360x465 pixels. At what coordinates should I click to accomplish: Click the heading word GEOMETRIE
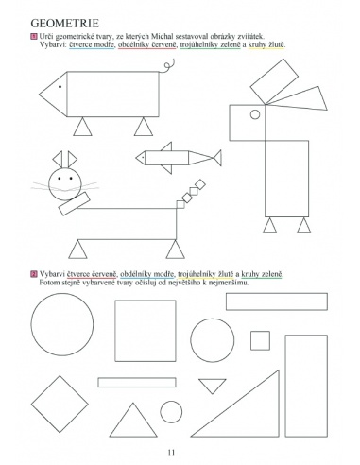(x=65, y=23)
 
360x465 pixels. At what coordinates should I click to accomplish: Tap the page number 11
(x=171, y=452)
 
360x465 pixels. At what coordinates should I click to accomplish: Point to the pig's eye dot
(x=60, y=86)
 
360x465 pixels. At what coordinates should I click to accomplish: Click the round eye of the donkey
(x=255, y=114)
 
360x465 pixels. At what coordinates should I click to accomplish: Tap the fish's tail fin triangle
(x=217, y=158)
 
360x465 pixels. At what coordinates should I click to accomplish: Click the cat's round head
(x=65, y=184)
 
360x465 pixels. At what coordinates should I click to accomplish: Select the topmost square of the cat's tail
(x=199, y=184)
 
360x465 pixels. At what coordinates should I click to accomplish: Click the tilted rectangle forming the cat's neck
(x=75, y=203)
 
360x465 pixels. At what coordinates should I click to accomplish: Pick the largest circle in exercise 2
(x=62, y=324)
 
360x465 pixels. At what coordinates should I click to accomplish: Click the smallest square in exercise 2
(x=260, y=340)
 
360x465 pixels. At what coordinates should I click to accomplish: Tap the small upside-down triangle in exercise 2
(x=213, y=385)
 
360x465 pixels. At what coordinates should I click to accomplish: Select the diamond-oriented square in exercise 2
(x=60, y=404)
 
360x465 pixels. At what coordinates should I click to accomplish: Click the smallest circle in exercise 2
(x=171, y=412)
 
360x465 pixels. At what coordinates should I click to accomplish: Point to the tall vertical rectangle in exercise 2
(x=306, y=386)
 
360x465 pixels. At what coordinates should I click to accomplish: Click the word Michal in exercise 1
(x=162, y=36)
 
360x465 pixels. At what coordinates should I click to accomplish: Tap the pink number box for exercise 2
(x=34, y=274)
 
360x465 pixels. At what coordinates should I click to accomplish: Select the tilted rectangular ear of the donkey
(x=274, y=81)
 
